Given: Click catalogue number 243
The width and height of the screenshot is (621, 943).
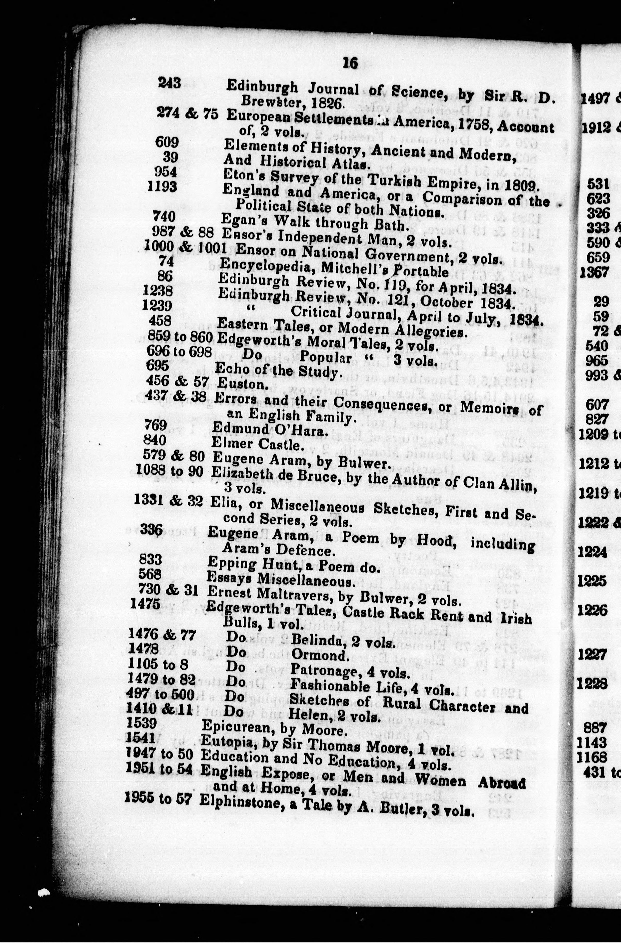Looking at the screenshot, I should tap(169, 83).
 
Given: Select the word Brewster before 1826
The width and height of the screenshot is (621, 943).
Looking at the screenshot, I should tap(273, 101).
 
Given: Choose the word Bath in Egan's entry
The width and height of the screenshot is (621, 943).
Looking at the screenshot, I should tap(392, 226).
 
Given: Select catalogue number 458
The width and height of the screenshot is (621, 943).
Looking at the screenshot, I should tap(160, 320).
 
